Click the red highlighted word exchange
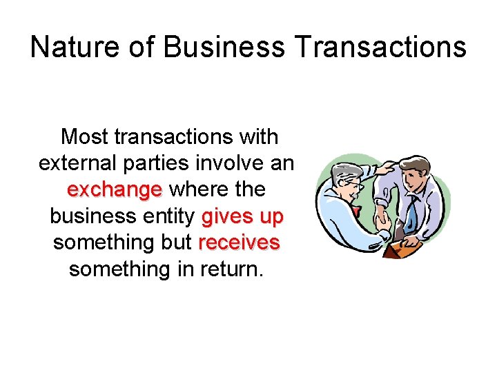(x=115, y=189)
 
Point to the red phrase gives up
(x=242, y=216)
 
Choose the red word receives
(x=239, y=242)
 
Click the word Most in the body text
(x=84, y=137)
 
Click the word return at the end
(x=228, y=269)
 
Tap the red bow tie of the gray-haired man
(x=357, y=209)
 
